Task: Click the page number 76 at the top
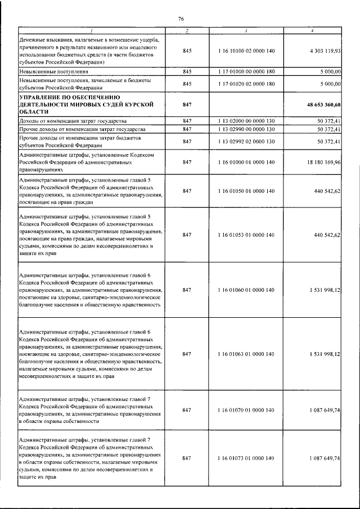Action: [181, 19]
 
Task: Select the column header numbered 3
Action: [246, 30]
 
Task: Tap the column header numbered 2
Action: [187, 30]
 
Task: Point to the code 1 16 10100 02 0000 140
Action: [246, 51]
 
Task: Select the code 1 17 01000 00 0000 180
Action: [246, 72]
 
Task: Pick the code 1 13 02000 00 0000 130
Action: [246, 121]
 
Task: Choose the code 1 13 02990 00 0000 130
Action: [246, 129]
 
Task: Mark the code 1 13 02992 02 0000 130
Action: [246, 141]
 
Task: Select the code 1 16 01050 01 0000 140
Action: [246, 191]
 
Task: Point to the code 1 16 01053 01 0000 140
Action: [246, 235]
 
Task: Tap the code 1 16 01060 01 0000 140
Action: [246, 290]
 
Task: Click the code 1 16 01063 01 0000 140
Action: [246, 354]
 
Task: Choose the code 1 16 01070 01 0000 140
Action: [246, 410]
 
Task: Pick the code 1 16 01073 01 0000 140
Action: [246, 458]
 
